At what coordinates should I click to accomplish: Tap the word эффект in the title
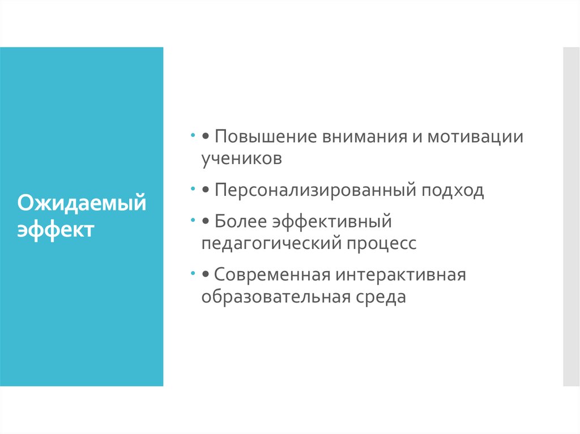tap(55, 230)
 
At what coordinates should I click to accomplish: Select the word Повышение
tap(264, 137)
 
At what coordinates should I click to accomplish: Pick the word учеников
tap(241, 158)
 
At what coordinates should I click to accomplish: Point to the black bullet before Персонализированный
tap(206, 191)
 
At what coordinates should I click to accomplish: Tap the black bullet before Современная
tap(206, 276)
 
